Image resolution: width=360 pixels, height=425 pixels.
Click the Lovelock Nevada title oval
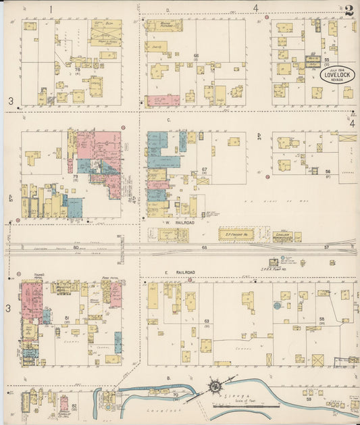point(328,76)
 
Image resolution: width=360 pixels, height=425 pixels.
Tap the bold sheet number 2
point(349,10)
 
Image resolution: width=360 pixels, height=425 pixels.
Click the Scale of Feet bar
point(244,405)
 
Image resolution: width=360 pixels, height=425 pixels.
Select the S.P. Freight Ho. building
point(236,234)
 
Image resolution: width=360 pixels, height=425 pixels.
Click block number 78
point(78,68)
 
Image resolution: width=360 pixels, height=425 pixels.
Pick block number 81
point(67,317)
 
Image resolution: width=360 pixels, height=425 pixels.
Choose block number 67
point(203,170)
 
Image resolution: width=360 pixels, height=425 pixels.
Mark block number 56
point(327,172)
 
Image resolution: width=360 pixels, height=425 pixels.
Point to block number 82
point(74,405)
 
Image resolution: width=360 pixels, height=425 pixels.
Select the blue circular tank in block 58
point(277,305)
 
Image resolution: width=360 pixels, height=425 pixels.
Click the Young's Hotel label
point(28,278)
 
